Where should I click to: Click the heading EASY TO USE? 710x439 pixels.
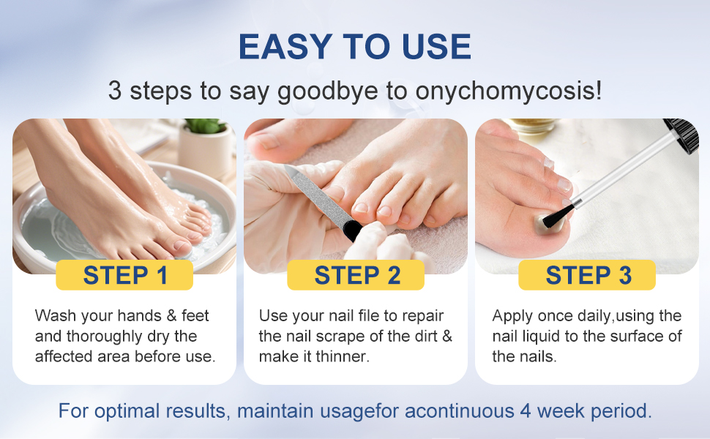tap(355, 48)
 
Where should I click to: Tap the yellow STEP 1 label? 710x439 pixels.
tap(125, 275)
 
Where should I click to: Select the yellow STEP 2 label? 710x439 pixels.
tap(357, 275)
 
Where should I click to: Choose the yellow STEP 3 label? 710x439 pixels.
tap(588, 275)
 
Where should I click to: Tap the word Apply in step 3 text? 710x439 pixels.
tap(512, 316)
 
